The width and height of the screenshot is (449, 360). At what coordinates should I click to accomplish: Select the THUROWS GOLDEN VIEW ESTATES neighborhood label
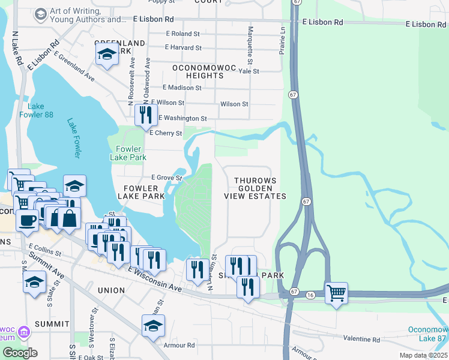255,188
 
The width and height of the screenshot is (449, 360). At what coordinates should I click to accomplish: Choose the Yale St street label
248,71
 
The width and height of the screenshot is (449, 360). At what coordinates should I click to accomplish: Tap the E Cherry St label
165,133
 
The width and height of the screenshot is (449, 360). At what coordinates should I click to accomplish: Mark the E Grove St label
166,178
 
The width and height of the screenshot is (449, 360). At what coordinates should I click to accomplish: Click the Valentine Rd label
363,340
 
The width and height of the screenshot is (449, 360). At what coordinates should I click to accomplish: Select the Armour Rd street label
178,345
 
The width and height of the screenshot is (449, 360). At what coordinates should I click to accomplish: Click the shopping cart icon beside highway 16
337,293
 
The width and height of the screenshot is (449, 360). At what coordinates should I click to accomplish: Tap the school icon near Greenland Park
107,55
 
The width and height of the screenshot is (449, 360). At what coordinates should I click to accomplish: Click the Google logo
19,353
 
